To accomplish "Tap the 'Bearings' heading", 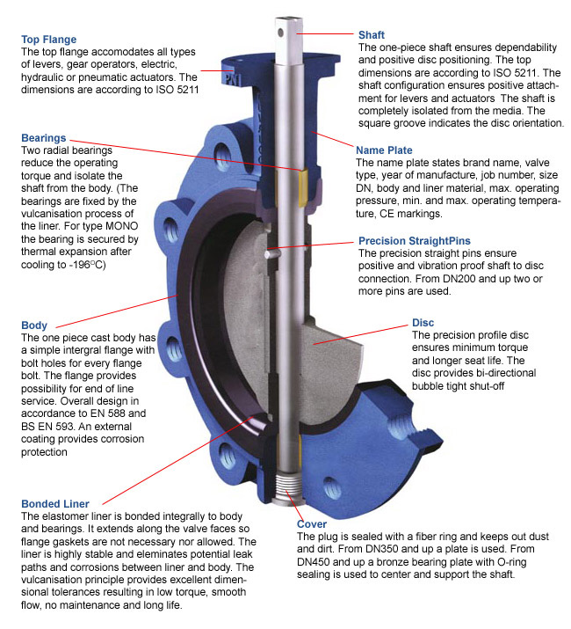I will click(44, 138).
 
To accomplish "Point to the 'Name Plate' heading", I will click(383, 150).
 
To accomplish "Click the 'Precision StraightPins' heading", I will click(415, 240).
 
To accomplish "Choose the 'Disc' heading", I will click(423, 323).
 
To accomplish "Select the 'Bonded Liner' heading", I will click(54, 503).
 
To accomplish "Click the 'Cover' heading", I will click(312, 524).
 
